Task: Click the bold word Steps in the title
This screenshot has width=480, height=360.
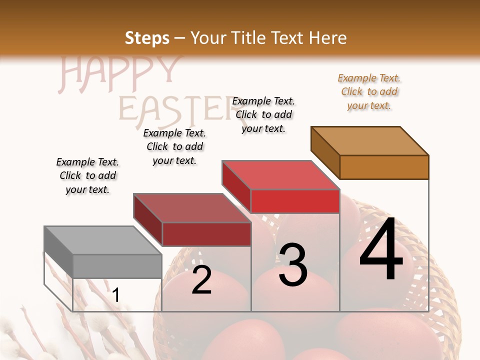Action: coord(147,38)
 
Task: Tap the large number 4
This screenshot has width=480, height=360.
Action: coord(381,250)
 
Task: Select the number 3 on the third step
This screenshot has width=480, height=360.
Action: coord(293,265)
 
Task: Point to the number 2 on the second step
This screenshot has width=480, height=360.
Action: coord(201,280)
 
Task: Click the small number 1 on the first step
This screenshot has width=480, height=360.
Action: coord(115,295)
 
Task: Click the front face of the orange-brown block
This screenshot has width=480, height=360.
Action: coord(384,167)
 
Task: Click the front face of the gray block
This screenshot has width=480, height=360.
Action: coord(117,266)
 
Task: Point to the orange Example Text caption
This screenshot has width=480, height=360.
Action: coord(369,91)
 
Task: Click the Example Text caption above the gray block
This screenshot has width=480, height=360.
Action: coord(87,175)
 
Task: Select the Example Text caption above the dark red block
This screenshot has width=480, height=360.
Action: coord(174,146)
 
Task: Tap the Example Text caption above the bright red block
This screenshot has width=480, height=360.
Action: coord(263,114)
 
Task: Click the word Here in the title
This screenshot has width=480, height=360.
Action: coord(328,38)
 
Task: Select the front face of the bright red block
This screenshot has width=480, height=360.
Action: coord(295,201)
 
